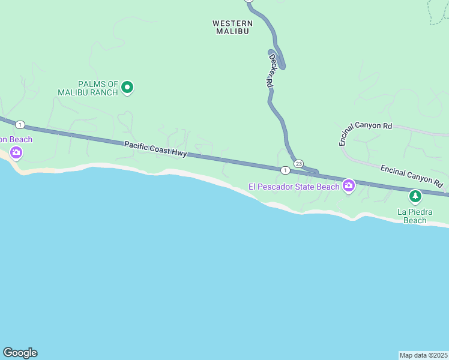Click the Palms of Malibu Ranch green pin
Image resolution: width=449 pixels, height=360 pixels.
[127, 88]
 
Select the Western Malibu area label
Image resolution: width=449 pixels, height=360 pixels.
[232, 27]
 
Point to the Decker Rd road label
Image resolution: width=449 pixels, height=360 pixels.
[271, 72]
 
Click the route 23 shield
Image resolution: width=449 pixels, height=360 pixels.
[298, 163]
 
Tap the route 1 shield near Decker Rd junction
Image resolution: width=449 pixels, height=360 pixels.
[285, 170]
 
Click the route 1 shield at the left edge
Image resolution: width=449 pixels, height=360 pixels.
[20, 125]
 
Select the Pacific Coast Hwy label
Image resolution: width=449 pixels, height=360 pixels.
[156, 149]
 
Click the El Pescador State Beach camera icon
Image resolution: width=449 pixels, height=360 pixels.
[348, 186]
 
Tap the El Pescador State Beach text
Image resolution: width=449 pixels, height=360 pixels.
[294, 187]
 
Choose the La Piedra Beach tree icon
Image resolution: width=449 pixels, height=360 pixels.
[415, 196]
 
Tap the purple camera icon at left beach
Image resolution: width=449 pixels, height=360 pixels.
[16, 153]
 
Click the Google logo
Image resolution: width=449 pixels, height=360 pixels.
[20, 353]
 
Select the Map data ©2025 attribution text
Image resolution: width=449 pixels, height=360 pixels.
[423, 355]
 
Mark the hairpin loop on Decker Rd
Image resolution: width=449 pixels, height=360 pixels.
[279, 59]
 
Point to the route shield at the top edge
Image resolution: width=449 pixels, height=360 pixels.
[249, 1]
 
